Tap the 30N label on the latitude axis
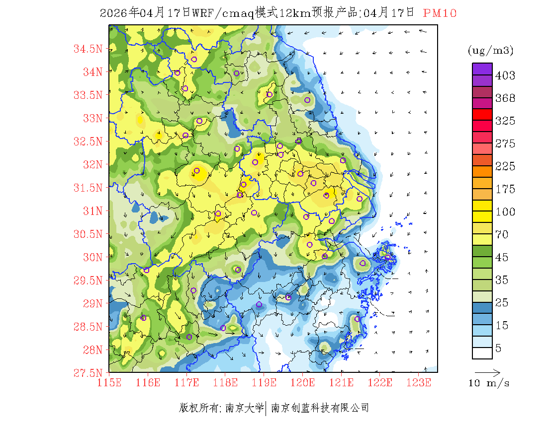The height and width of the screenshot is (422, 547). pyautogui.click(x=92, y=257)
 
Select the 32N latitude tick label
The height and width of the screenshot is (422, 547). pyautogui.click(x=92, y=164)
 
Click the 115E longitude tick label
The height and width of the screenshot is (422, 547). pyautogui.click(x=109, y=383)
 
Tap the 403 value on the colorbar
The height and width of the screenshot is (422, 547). pyautogui.click(x=505, y=76)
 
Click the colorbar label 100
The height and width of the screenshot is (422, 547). pyautogui.click(x=505, y=212)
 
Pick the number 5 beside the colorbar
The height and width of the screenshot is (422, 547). pyautogui.click(x=499, y=349)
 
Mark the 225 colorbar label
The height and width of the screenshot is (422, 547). pyautogui.click(x=505, y=166)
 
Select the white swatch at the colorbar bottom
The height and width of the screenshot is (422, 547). pyautogui.click(x=482, y=353)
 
